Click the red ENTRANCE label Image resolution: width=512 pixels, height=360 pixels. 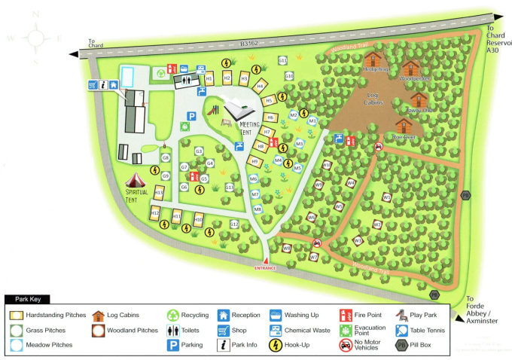tap(265, 267)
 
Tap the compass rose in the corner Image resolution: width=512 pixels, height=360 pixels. tap(34, 35)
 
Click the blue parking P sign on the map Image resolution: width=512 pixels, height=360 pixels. tap(192, 117)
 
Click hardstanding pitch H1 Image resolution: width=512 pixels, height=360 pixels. tap(209, 78)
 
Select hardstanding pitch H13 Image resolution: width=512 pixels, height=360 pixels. tap(158, 194)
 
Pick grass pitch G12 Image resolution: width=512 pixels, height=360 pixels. tap(234, 224)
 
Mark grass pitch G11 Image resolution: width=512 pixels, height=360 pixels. tap(283, 60)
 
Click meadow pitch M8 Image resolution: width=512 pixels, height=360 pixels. tap(258, 209)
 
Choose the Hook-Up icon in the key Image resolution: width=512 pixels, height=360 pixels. tap(276, 345)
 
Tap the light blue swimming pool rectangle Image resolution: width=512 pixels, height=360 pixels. tap(129, 76)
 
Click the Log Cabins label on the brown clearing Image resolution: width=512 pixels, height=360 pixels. tap(373, 99)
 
